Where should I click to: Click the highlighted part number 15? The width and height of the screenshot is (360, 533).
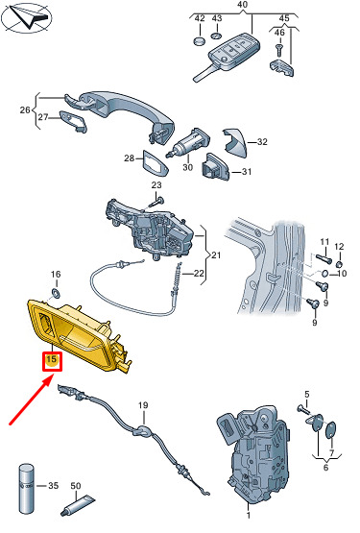52,359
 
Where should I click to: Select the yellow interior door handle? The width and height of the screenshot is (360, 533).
80,335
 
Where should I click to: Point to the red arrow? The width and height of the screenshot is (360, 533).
32,399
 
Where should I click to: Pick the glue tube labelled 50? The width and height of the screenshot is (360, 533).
78,506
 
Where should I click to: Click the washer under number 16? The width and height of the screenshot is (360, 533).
55,293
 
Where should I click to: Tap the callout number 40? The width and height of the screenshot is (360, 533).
242,5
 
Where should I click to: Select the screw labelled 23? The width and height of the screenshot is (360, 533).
156,202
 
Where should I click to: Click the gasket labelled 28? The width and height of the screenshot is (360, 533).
155,164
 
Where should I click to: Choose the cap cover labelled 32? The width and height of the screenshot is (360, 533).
235,143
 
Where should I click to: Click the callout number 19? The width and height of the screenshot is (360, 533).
143,405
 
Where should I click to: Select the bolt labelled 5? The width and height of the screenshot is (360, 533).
304,409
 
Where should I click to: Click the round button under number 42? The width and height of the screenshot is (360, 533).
200,41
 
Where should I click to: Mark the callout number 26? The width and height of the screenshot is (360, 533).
24,109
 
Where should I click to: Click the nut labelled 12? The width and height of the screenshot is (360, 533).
339,264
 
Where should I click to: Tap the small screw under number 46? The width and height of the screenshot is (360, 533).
278,50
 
